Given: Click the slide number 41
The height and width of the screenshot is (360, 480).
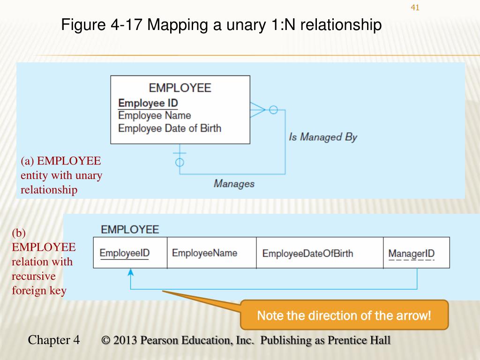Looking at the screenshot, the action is [x=414, y=7].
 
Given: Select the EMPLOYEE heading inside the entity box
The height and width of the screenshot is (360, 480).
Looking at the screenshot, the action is [x=180, y=88].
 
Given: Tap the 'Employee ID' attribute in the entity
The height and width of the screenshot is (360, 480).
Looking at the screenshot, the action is [x=148, y=103].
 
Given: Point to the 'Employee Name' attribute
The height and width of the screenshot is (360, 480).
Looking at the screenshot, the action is [x=155, y=115].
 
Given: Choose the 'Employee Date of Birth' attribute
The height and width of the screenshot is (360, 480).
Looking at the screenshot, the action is [x=169, y=128].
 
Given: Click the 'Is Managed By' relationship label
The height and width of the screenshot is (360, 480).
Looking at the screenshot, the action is [x=323, y=137].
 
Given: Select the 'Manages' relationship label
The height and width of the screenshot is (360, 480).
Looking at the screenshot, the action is [x=234, y=183].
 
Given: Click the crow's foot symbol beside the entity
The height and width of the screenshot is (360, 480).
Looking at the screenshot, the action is [x=257, y=110].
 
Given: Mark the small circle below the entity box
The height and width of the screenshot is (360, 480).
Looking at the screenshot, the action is [x=180, y=163].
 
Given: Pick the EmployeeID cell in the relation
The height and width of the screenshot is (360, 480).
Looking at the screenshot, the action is [x=125, y=253].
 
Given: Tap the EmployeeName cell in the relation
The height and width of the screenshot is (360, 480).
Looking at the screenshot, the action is [x=204, y=253].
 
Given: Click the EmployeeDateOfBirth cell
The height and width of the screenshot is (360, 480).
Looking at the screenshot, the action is [x=307, y=254].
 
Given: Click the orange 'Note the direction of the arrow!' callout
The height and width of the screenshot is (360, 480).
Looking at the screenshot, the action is [x=344, y=315].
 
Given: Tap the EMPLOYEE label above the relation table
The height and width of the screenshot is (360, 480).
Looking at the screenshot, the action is [x=130, y=230].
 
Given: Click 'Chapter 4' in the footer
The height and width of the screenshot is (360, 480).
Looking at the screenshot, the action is [x=54, y=340].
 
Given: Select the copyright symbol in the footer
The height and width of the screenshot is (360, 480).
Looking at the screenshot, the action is [x=106, y=340].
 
